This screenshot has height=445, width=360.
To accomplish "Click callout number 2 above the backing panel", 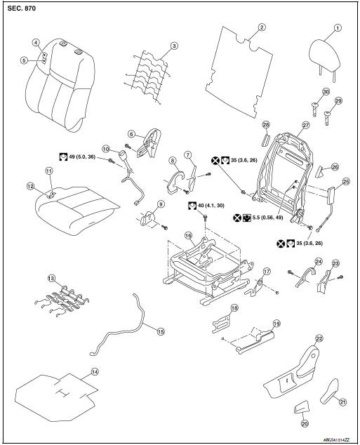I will (x=261, y=28).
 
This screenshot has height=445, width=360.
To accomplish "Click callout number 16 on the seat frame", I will (x=188, y=236).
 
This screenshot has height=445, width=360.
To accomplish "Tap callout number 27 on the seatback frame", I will (x=305, y=125).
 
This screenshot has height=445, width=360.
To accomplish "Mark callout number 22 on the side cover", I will (x=319, y=338).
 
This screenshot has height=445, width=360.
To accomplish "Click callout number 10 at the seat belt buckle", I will (x=105, y=149).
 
